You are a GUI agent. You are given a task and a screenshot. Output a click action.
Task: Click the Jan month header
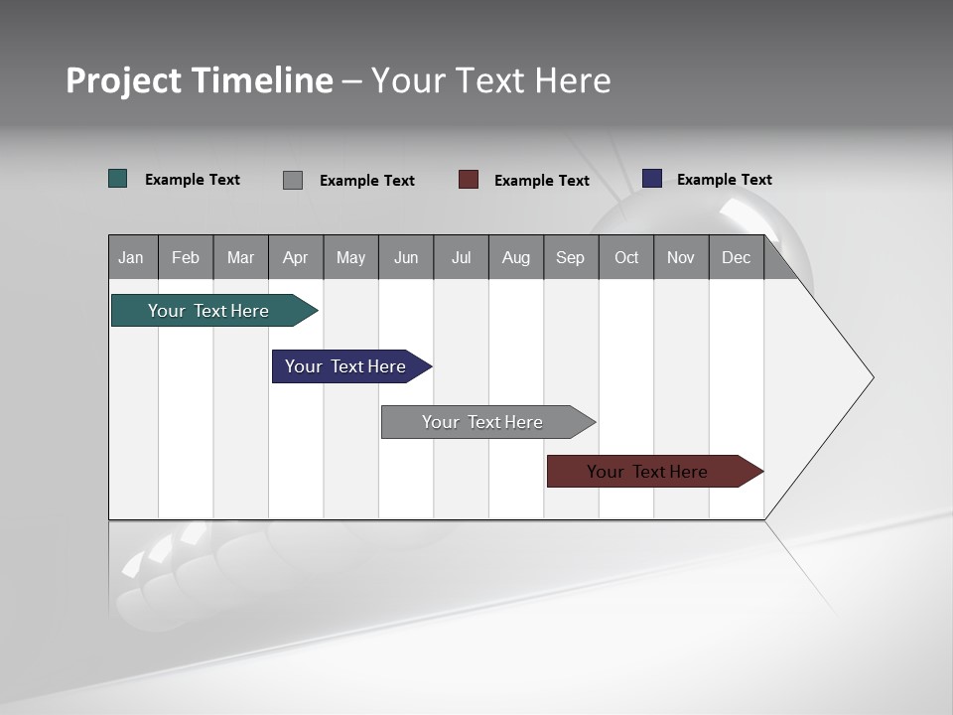click(132, 257)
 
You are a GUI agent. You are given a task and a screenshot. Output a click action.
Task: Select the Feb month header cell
click(186, 257)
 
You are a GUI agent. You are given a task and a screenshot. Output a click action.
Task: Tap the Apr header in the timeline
click(295, 257)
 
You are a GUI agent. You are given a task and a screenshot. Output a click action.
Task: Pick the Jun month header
click(406, 257)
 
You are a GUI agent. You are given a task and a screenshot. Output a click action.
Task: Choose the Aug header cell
click(516, 257)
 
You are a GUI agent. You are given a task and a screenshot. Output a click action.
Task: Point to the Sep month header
click(571, 257)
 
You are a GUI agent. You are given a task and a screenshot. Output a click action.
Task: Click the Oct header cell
click(626, 257)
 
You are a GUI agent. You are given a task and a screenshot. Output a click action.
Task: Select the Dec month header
click(737, 257)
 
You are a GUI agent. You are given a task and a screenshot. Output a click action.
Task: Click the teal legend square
click(117, 179)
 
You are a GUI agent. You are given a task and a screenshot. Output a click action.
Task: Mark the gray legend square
click(292, 180)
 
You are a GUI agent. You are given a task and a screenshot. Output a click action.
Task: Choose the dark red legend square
click(469, 180)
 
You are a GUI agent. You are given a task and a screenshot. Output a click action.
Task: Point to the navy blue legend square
click(651, 179)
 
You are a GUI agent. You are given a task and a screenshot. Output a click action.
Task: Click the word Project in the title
click(124, 80)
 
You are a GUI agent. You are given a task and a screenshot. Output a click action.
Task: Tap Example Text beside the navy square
click(724, 179)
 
